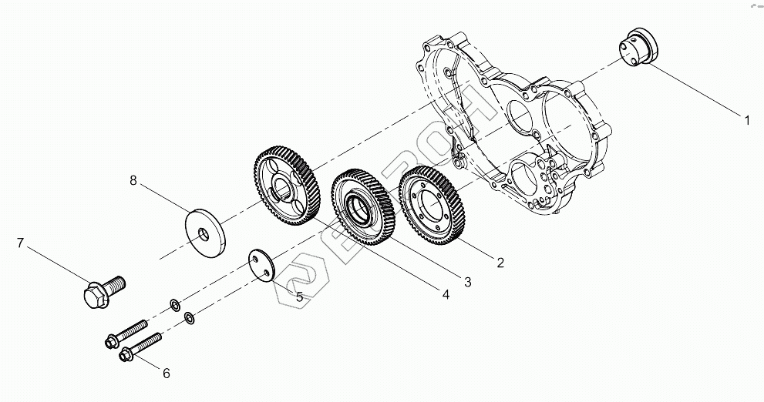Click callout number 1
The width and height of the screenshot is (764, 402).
[746, 120]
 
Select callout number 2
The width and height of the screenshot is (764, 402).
[500, 263]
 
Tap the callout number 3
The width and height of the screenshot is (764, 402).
[467, 282]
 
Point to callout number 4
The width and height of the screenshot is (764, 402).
[445, 293]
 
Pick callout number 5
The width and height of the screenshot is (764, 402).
[299, 296]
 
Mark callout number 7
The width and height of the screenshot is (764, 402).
[21, 243]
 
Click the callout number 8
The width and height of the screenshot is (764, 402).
[133, 181]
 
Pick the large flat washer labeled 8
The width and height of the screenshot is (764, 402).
[205, 231]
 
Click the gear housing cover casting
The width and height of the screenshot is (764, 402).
[532, 123]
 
